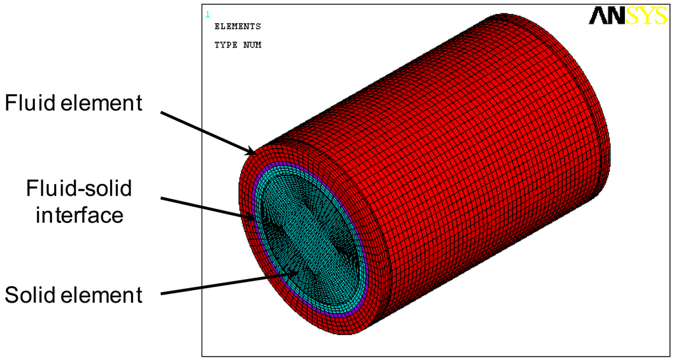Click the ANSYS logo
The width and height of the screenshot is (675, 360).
click(x=627, y=16)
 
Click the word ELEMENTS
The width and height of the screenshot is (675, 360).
click(x=237, y=26)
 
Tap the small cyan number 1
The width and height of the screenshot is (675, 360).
click(x=207, y=14)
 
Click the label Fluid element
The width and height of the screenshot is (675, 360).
click(x=73, y=104)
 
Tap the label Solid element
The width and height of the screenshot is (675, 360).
click(x=74, y=295)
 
